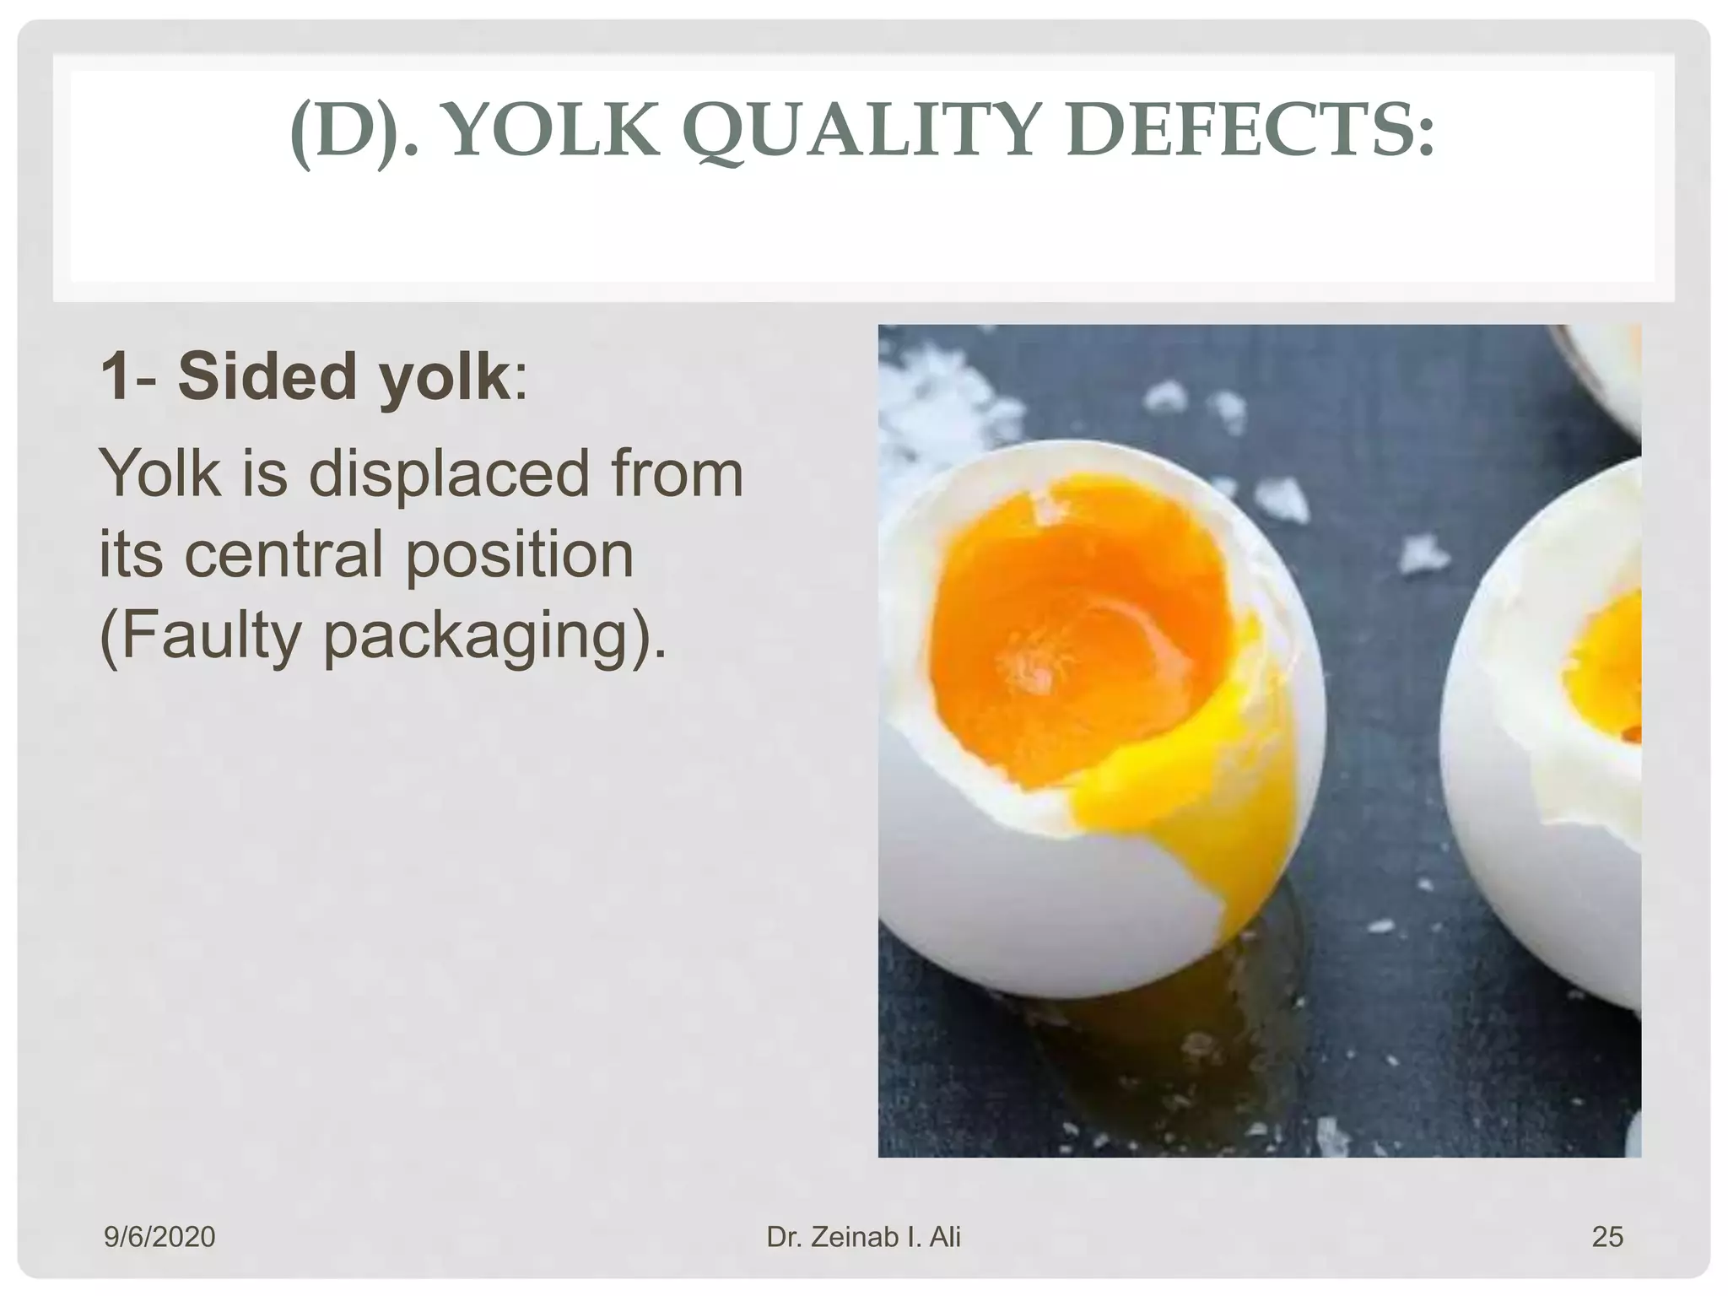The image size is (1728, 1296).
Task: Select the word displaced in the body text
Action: (448, 474)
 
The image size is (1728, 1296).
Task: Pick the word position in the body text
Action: (519, 557)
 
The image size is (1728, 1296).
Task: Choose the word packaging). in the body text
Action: (494, 638)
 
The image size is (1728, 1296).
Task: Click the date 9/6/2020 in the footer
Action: (159, 1237)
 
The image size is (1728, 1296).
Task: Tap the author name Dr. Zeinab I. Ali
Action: (863, 1237)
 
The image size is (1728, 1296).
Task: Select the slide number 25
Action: (1606, 1237)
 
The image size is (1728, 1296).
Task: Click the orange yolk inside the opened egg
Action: (1072, 641)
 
